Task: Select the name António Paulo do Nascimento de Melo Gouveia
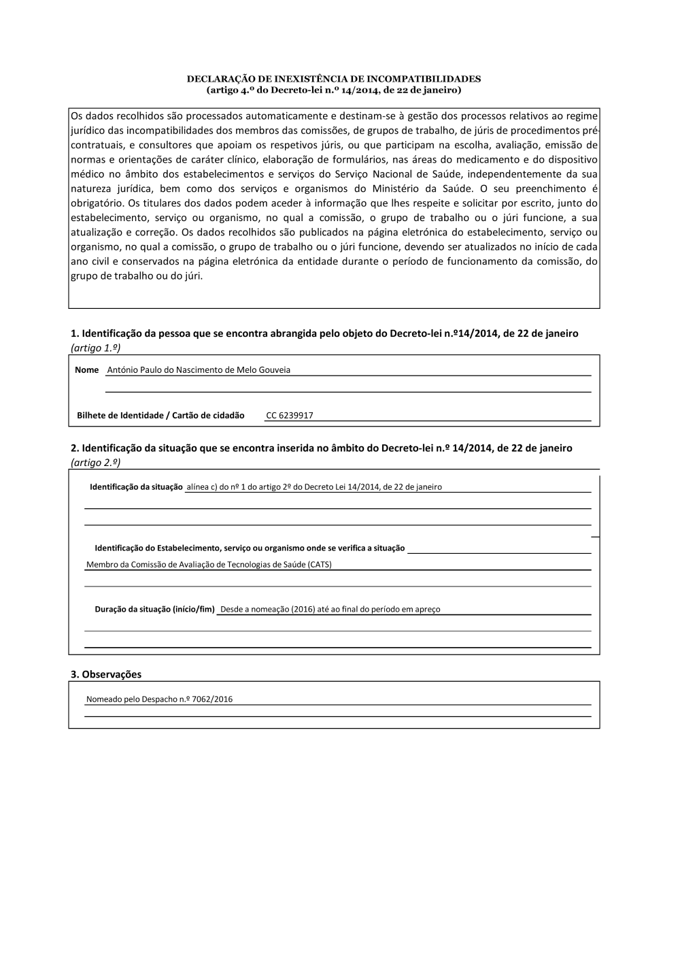point(199,370)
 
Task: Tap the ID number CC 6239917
point(290,416)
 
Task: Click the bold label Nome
point(87,370)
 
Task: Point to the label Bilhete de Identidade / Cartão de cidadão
point(160,416)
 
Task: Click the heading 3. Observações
point(106,674)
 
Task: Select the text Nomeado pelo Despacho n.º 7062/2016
point(159,699)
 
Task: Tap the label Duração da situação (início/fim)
point(154,610)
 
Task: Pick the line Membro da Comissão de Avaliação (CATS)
point(209,565)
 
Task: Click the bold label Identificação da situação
point(136,487)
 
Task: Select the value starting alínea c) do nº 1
point(314,487)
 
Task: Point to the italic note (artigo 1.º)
point(96,348)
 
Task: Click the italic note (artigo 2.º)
point(96,463)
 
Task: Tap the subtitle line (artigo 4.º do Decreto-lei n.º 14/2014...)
point(334,90)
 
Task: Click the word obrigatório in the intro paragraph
point(97,203)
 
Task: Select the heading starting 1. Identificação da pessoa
point(324,333)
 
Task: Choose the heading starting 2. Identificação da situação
point(322,448)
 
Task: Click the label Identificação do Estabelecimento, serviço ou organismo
point(250,548)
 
